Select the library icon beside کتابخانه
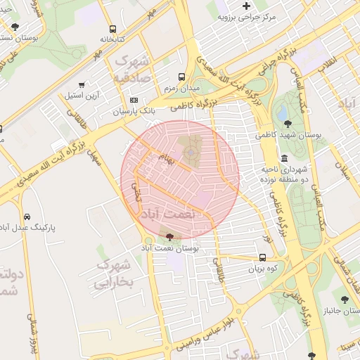point(112,30)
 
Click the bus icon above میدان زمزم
point(182,77)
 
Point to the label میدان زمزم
point(182,89)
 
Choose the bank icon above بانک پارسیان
point(133,101)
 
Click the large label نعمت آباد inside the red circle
point(167,212)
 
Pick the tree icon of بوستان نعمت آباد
point(168,237)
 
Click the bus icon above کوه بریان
point(263,257)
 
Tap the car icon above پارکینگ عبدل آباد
point(27,217)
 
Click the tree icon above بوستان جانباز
point(345,300)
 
